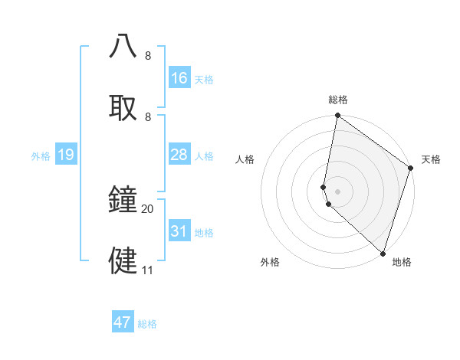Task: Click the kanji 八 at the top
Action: click(123, 47)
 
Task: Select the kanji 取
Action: click(123, 106)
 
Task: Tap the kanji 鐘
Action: click(123, 200)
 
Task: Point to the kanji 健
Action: click(123, 260)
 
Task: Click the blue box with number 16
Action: click(179, 78)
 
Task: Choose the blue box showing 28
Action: click(179, 155)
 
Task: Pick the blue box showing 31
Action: click(179, 231)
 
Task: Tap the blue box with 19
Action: click(66, 155)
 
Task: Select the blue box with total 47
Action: click(123, 322)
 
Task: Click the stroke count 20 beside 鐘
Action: click(148, 208)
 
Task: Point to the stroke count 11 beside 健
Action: click(148, 270)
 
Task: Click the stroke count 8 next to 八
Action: click(148, 56)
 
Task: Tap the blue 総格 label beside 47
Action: click(147, 324)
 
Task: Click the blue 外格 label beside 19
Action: click(41, 156)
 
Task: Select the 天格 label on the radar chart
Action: click(431, 159)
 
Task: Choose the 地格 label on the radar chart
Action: click(402, 262)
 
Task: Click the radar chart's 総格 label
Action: click(338, 100)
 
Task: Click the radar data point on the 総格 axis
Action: click(337, 116)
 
